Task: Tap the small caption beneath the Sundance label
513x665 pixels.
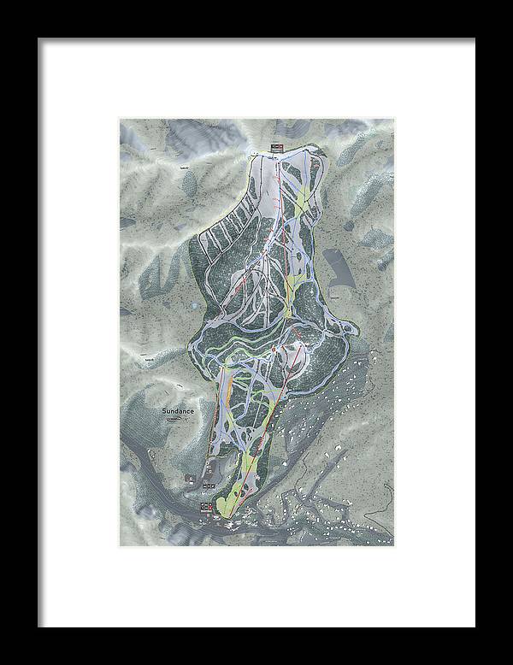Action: pos(174,419)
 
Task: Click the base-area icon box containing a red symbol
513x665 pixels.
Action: pos(209,508)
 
